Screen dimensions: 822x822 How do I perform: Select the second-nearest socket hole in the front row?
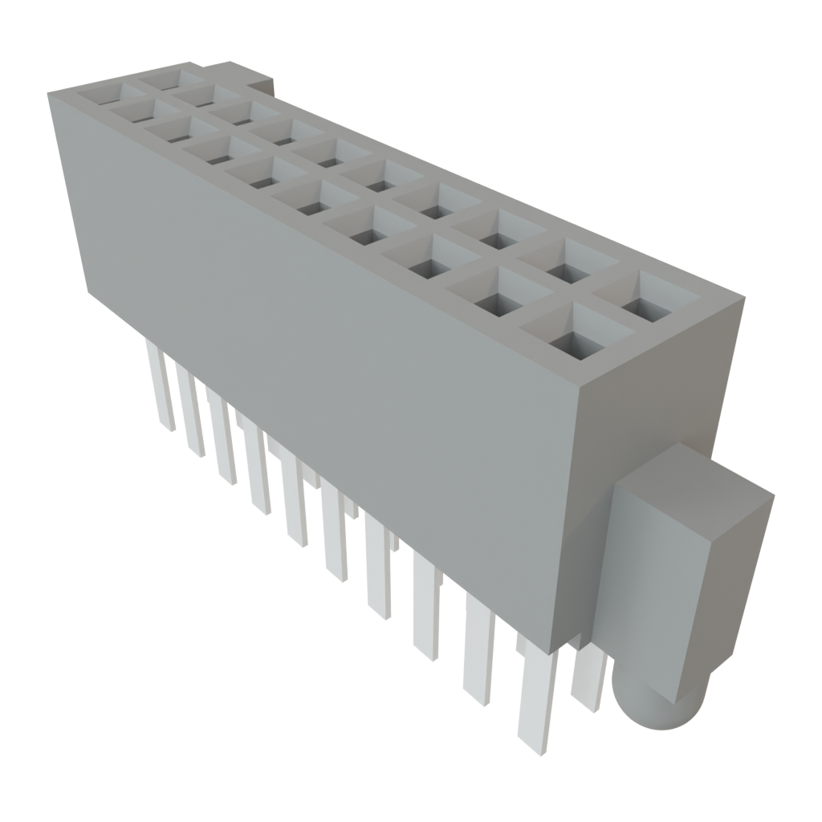[497, 300]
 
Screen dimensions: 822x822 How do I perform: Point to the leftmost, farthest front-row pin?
[160, 385]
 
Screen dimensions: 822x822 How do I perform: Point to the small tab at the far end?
[261, 81]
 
